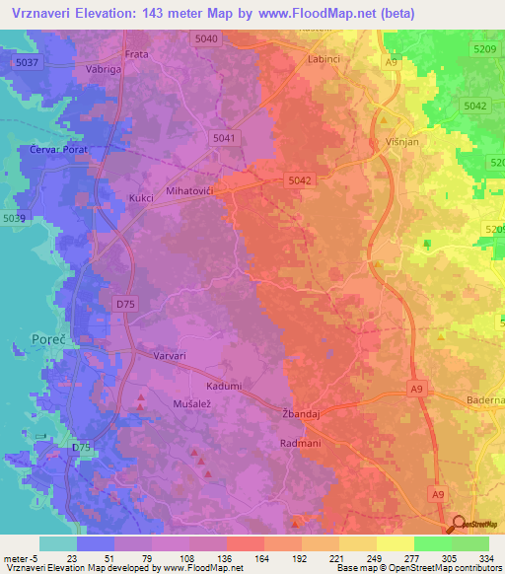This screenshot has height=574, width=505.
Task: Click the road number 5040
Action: click(x=206, y=38)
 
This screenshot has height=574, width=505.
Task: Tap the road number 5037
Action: click(x=28, y=62)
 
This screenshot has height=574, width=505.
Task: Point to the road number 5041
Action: click(x=224, y=140)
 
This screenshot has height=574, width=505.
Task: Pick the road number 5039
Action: click(x=15, y=218)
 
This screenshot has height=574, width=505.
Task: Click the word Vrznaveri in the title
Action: click(x=47, y=13)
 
